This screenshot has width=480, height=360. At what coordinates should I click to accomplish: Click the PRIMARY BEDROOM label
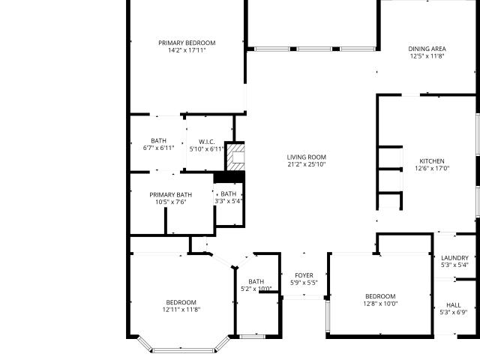[x=187, y=43]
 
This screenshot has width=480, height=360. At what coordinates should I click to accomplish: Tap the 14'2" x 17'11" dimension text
[x=187, y=50]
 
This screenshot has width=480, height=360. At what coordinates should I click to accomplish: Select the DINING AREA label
[x=427, y=49]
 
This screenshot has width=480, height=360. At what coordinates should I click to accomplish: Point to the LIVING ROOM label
[x=307, y=157]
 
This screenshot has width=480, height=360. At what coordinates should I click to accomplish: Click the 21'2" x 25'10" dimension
[x=307, y=164]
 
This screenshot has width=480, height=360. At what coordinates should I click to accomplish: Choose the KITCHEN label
[x=432, y=161]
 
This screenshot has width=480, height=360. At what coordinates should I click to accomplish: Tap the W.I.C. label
[x=207, y=142]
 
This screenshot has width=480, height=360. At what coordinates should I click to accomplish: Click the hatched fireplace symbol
[x=235, y=157]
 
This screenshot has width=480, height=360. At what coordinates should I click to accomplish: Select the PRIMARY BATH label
[x=171, y=195]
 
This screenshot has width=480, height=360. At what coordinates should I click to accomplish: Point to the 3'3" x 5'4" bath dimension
[x=229, y=201]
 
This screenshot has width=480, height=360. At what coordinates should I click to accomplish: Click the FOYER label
[x=304, y=275]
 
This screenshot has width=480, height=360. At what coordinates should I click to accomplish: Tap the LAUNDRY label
[x=454, y=258]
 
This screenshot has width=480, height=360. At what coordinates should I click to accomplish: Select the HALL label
[x=454, y=305]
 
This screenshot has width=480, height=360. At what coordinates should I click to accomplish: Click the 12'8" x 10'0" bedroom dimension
[x=380, y=304]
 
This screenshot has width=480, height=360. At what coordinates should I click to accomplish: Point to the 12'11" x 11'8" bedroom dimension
[x=181, y=310]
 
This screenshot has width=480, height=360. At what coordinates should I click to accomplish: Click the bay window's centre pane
[x=183, y=350]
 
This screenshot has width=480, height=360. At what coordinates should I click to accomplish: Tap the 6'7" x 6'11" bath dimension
[x=158, y=148]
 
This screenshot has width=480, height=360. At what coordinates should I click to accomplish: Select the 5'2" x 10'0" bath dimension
[x=256, y=289]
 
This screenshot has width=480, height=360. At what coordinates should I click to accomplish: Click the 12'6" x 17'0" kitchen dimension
[x=432, y=168]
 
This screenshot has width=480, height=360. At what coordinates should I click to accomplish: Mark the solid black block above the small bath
[x=229, y=177]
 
